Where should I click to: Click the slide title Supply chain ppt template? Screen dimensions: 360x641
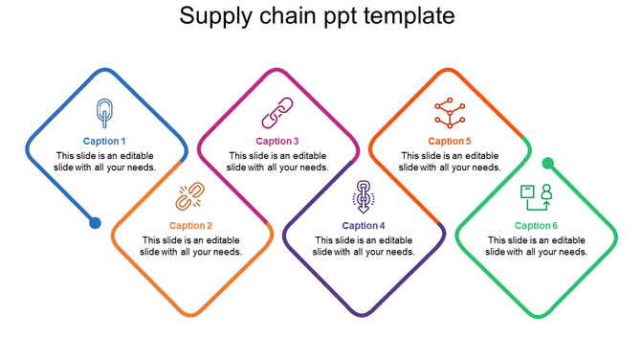(318, 17)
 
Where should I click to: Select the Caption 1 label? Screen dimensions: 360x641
(104, 142)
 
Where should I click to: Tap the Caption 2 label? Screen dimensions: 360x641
(190, 226)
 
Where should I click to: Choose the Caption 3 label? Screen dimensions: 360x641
(277, 142)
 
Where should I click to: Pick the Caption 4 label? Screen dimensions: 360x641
(364, 226)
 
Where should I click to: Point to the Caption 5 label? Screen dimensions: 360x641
(450, 142)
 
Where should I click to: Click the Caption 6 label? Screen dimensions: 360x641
(536, 226)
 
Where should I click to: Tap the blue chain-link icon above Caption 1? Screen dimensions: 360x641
(103, 112)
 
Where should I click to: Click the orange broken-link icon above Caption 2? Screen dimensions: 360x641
(189, 196)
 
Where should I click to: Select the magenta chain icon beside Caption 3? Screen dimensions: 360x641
(277, 113)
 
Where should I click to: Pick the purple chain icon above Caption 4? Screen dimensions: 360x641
(364, 195)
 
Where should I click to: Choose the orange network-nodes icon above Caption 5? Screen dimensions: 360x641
(449, 112)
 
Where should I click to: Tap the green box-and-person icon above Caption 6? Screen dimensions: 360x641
(536, 196)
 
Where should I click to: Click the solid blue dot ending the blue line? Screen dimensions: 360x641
(95, 223)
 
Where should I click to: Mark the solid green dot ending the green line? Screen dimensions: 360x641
(548, 164)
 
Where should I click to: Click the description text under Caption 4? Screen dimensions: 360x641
(364, 246)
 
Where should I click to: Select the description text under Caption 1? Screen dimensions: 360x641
(104, 161)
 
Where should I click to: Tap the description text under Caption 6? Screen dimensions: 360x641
(536, 246)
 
